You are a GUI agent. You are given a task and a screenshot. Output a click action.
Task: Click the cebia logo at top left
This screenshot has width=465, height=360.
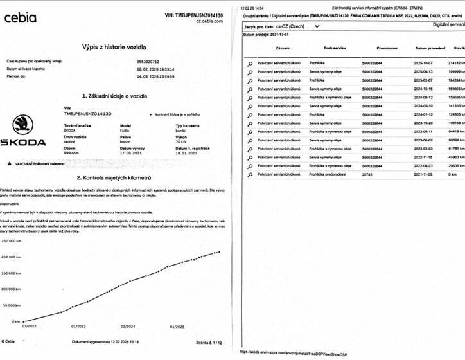21,18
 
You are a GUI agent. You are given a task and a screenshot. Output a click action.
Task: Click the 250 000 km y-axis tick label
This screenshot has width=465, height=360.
13,242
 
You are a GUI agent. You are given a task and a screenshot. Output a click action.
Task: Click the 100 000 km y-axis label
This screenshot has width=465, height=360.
13,289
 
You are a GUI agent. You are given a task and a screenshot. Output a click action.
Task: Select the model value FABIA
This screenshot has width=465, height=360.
127,131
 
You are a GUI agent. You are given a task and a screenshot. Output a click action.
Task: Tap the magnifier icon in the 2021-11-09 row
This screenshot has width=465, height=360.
249,175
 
